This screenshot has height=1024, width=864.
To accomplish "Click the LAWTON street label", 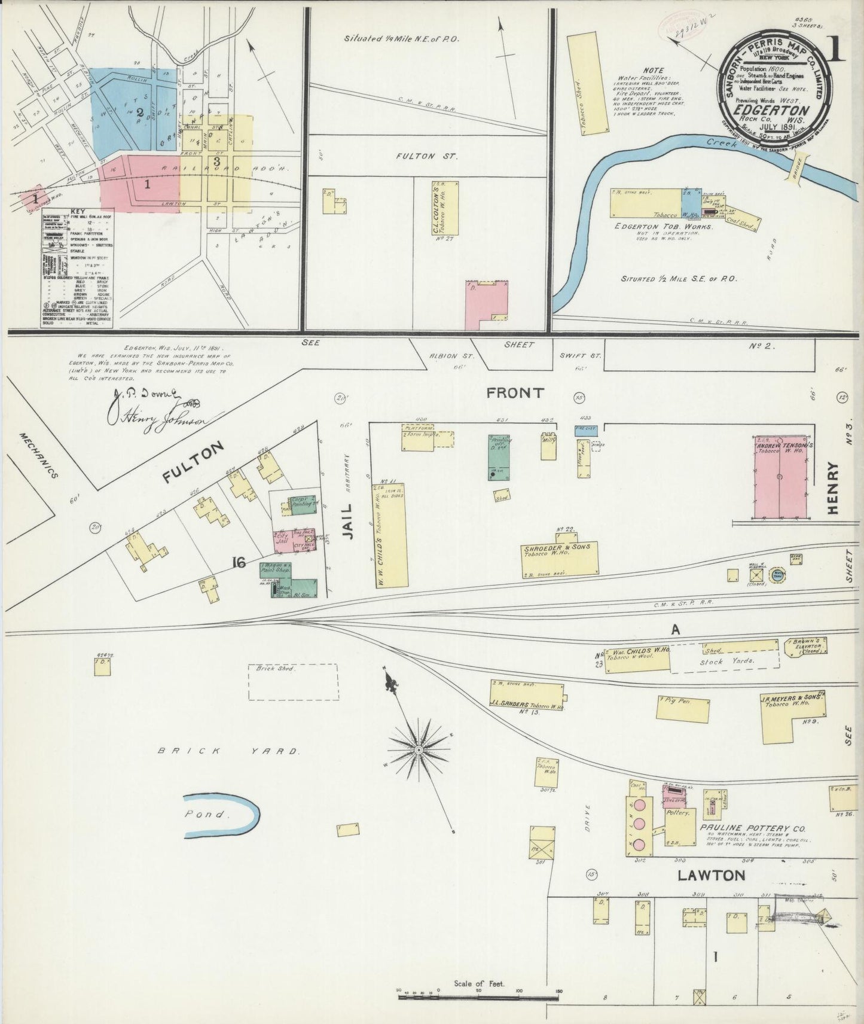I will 711,876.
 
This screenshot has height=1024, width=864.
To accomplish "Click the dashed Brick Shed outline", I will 292,681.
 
